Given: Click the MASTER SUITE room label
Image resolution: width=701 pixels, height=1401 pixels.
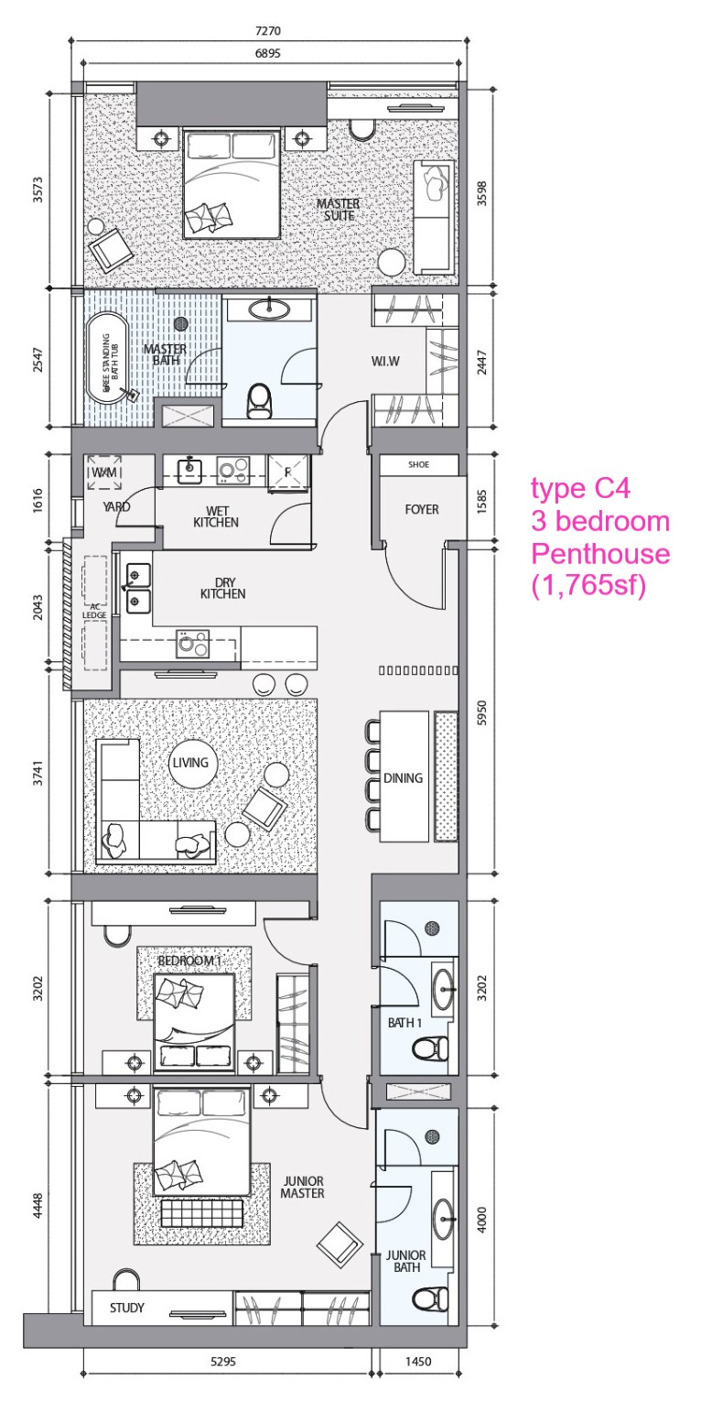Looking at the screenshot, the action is [338, 210].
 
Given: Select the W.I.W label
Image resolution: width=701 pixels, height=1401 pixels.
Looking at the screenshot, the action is [384, 361].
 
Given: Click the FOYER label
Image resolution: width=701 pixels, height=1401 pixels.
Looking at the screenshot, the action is [422, 509].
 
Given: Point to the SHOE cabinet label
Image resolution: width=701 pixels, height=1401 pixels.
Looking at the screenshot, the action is [418, 464].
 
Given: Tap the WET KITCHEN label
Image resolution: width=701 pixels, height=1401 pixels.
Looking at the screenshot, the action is [216, 516].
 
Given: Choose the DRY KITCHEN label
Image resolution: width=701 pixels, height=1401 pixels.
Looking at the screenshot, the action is [222, 588].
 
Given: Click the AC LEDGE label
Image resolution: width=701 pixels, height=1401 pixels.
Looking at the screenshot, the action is [94, 611].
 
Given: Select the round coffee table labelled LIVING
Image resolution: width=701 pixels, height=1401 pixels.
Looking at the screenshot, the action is [190, 763].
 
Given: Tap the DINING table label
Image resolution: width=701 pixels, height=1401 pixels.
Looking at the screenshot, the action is [403, 778].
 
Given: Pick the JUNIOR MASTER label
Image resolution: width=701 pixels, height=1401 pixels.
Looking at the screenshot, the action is [303, 1187].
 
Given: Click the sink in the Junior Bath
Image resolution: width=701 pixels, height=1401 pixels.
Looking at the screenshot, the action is [443, 1219].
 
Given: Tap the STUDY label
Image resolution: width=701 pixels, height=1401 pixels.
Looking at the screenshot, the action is [127, 1308].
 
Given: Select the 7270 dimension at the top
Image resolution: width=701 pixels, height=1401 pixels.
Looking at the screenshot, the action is [268, 30].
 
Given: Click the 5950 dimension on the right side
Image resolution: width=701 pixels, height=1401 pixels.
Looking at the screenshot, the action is [481, 712].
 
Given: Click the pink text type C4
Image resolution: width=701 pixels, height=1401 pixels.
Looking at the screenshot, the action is [580, 488].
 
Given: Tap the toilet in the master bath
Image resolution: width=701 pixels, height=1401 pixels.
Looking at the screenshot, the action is [259, 401].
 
